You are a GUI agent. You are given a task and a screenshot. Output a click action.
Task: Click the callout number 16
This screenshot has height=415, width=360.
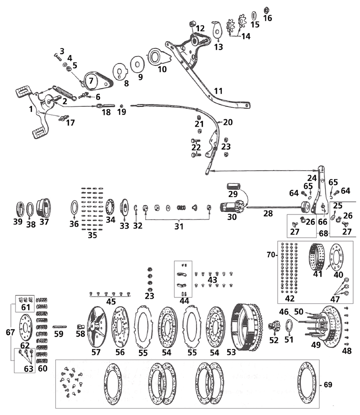[268, 18]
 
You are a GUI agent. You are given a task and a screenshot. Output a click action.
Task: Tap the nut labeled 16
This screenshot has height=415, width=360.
[267, 9]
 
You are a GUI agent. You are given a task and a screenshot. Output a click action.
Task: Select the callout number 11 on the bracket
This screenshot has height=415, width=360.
[219, 91]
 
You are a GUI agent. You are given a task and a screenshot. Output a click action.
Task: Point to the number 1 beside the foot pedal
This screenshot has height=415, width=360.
[31, 109]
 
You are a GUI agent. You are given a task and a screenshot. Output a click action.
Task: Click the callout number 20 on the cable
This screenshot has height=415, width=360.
[228, 122]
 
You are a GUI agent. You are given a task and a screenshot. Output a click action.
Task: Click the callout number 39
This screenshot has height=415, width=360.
[18, 222]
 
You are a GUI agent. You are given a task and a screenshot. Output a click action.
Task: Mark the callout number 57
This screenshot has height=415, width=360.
[96, 352]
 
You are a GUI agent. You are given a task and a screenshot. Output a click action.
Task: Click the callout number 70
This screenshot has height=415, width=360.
[271, 255]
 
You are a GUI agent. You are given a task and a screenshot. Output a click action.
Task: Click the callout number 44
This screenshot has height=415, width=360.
[184, 301]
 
